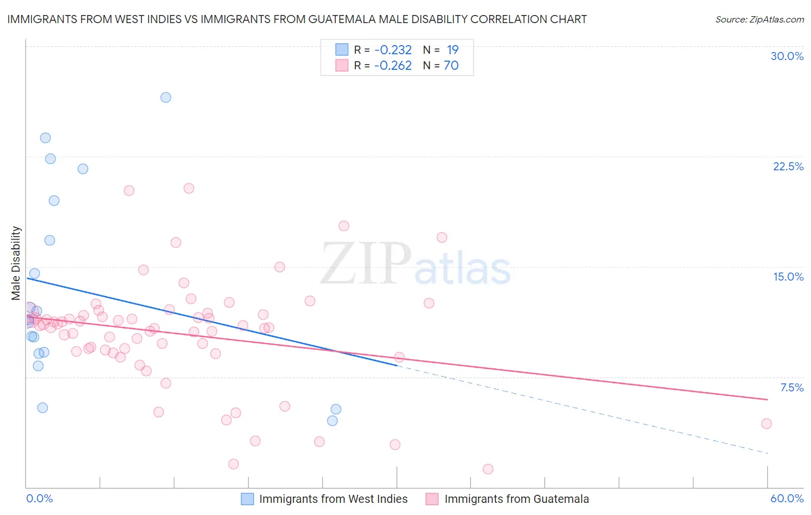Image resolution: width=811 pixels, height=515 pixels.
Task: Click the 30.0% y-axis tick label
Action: pos(787,56)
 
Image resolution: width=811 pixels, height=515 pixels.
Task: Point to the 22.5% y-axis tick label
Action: pos(788,166)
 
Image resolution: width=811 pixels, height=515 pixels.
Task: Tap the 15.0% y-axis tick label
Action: pos(788,277)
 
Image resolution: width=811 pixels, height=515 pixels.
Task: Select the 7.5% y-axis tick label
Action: pos(791,387)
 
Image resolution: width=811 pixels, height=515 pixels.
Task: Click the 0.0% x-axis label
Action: pos(39,498)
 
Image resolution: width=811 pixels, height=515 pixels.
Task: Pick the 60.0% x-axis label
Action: pos(787,498)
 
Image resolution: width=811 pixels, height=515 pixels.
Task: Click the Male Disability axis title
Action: pos(16,263)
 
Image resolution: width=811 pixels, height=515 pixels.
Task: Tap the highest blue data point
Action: pos(166,97)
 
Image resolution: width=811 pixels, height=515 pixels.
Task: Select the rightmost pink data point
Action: pos(766,423)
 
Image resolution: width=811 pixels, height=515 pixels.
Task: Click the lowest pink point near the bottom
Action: pos(488,469)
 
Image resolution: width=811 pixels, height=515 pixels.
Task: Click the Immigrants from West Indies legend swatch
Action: pos(247,499)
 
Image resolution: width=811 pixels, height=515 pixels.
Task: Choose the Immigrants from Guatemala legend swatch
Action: pos(432,499)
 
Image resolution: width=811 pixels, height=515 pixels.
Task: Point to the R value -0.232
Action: pos(393,50)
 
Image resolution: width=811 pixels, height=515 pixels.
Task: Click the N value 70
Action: pos(451,66)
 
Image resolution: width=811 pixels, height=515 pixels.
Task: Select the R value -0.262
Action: pos(393,66)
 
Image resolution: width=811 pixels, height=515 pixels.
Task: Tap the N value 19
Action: pos(452,50)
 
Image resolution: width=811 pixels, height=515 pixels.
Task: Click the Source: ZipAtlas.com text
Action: pos(759,20)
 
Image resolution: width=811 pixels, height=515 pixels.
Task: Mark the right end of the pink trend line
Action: pos(767,399)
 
